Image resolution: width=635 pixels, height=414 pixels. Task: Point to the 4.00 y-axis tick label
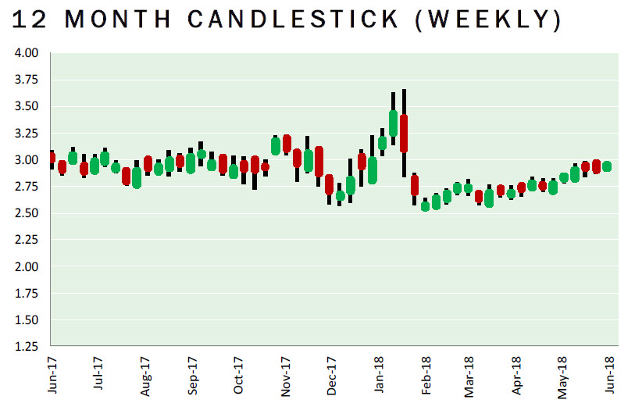[x=26, y=53]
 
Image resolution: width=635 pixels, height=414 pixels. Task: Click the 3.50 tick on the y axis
[x=26, y=106]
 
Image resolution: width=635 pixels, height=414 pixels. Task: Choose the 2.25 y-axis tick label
[x=26, y=240]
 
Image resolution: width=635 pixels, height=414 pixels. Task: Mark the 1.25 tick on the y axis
[x=26, y=346]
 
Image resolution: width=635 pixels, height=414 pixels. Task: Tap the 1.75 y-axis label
[x=26, y=293]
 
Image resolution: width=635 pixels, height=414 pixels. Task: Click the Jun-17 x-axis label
[x=52, y=376]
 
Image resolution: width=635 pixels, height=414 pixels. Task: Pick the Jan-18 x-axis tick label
[x=378, y=376]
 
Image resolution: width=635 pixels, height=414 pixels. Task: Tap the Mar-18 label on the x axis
[x=471, y=376]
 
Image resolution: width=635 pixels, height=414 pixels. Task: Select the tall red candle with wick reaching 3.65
[x=404, y=133]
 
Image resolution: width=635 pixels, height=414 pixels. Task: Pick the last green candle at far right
[x=607, y=166]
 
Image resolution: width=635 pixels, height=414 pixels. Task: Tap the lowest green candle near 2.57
[x=426, y=205]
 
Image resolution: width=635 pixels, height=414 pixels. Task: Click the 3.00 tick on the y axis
[x=26, y=159]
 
